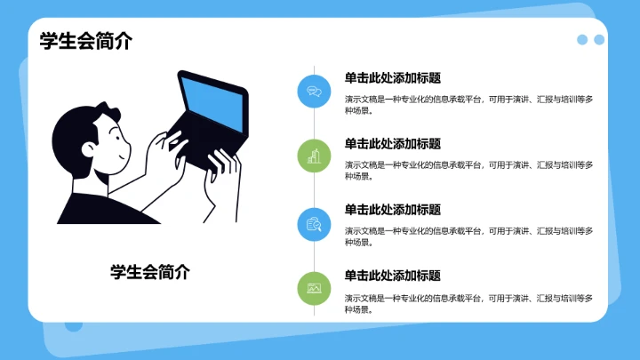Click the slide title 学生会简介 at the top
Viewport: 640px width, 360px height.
point(85,41)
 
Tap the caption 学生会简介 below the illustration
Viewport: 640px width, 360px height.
point(149,272)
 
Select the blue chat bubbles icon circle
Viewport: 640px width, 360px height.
point(314,90)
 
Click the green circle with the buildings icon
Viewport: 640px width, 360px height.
point(314,156)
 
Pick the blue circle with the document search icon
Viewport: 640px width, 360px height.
point(314,222)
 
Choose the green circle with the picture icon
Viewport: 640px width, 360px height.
point(314,288)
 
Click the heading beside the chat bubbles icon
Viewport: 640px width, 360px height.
point(393,77)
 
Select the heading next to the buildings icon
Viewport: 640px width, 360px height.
point(393,143)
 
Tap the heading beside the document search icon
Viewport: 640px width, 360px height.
point(393,210)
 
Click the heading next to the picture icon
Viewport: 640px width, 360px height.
point(393,276)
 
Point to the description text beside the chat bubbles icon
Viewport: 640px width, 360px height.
point(468,106)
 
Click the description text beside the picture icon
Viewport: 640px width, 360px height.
point(468,304)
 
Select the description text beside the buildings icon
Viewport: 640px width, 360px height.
point(468,172)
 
